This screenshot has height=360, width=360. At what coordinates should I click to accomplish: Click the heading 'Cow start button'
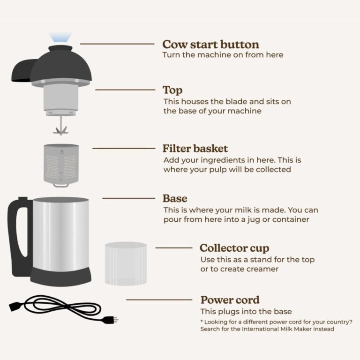coord(210,45)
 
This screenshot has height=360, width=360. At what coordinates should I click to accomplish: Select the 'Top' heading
coord(172,90)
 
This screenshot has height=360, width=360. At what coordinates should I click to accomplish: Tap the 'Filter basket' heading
coord(195,149)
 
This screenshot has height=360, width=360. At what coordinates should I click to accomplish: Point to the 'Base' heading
coord(175,198)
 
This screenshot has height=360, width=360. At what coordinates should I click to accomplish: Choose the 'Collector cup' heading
coord(234,248)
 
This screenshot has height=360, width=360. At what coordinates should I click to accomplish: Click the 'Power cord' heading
coord(230,300)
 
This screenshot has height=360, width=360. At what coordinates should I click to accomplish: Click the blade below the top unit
coord(60,128)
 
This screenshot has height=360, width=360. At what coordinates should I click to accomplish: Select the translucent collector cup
coord(125,264)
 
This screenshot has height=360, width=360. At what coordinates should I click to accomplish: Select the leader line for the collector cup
coord(173,247)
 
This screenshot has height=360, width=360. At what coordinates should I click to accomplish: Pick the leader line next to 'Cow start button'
coord(117,44)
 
